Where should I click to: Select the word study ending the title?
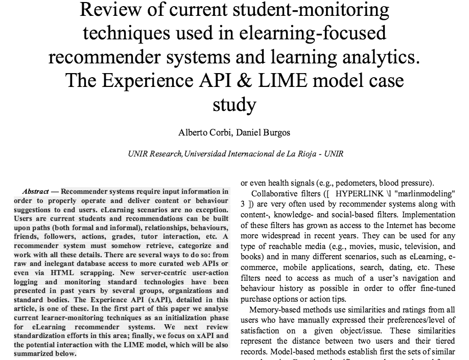[x=234, y=105]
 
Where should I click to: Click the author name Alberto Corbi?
[x=202, y=133]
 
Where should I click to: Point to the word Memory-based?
[x=273, y=310]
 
